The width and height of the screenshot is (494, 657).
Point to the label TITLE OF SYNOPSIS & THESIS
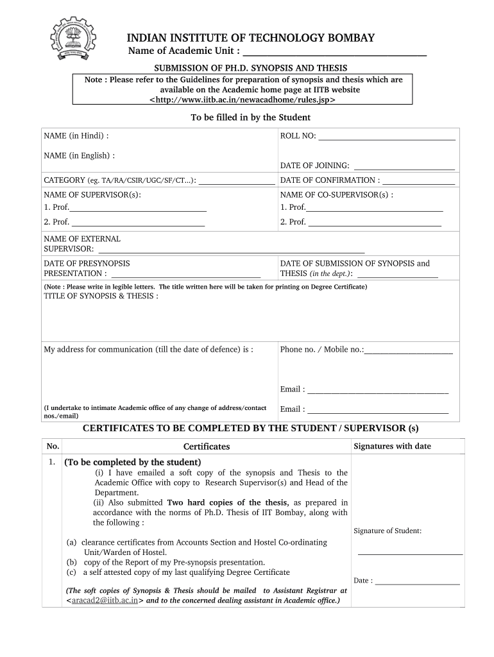(x=101, y=296)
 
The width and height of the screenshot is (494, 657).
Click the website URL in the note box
(x=243, y=100)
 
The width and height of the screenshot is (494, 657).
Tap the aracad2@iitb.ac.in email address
(x=105, y=601)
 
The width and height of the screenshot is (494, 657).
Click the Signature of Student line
(x=410, y=553)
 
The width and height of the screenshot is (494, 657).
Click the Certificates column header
(x=207, y=447)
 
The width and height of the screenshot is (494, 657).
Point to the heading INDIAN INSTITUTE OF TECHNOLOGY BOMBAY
(x=250, y=38)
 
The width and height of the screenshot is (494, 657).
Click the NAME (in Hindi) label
(x=76, y=136)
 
